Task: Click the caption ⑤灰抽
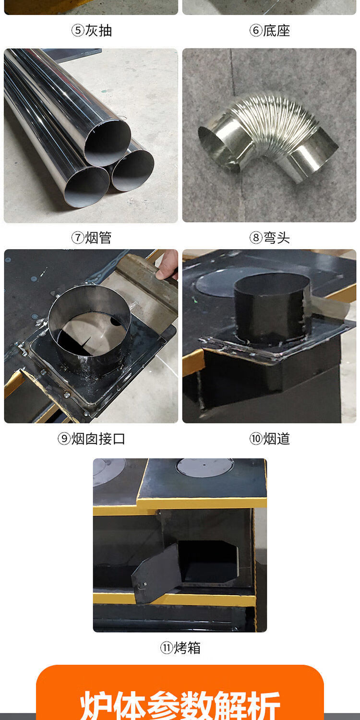click(x=92, y=31)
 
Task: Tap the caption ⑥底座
click(x=270, y=31)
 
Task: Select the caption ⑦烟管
click(x=92, y=238)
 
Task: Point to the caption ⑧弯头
click(x=270, y=238)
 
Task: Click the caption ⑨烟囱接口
click(x=92, y=439)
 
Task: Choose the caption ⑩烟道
click(x=270, y=439)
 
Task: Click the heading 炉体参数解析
click(x=180, y=705)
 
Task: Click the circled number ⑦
click(x=77, y=238)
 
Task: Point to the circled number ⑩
click(x=256, y=439)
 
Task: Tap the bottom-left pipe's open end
click(x=87, y=187)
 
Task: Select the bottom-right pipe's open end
click(x=133, y=170)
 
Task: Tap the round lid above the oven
click(x=205, y=468)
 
